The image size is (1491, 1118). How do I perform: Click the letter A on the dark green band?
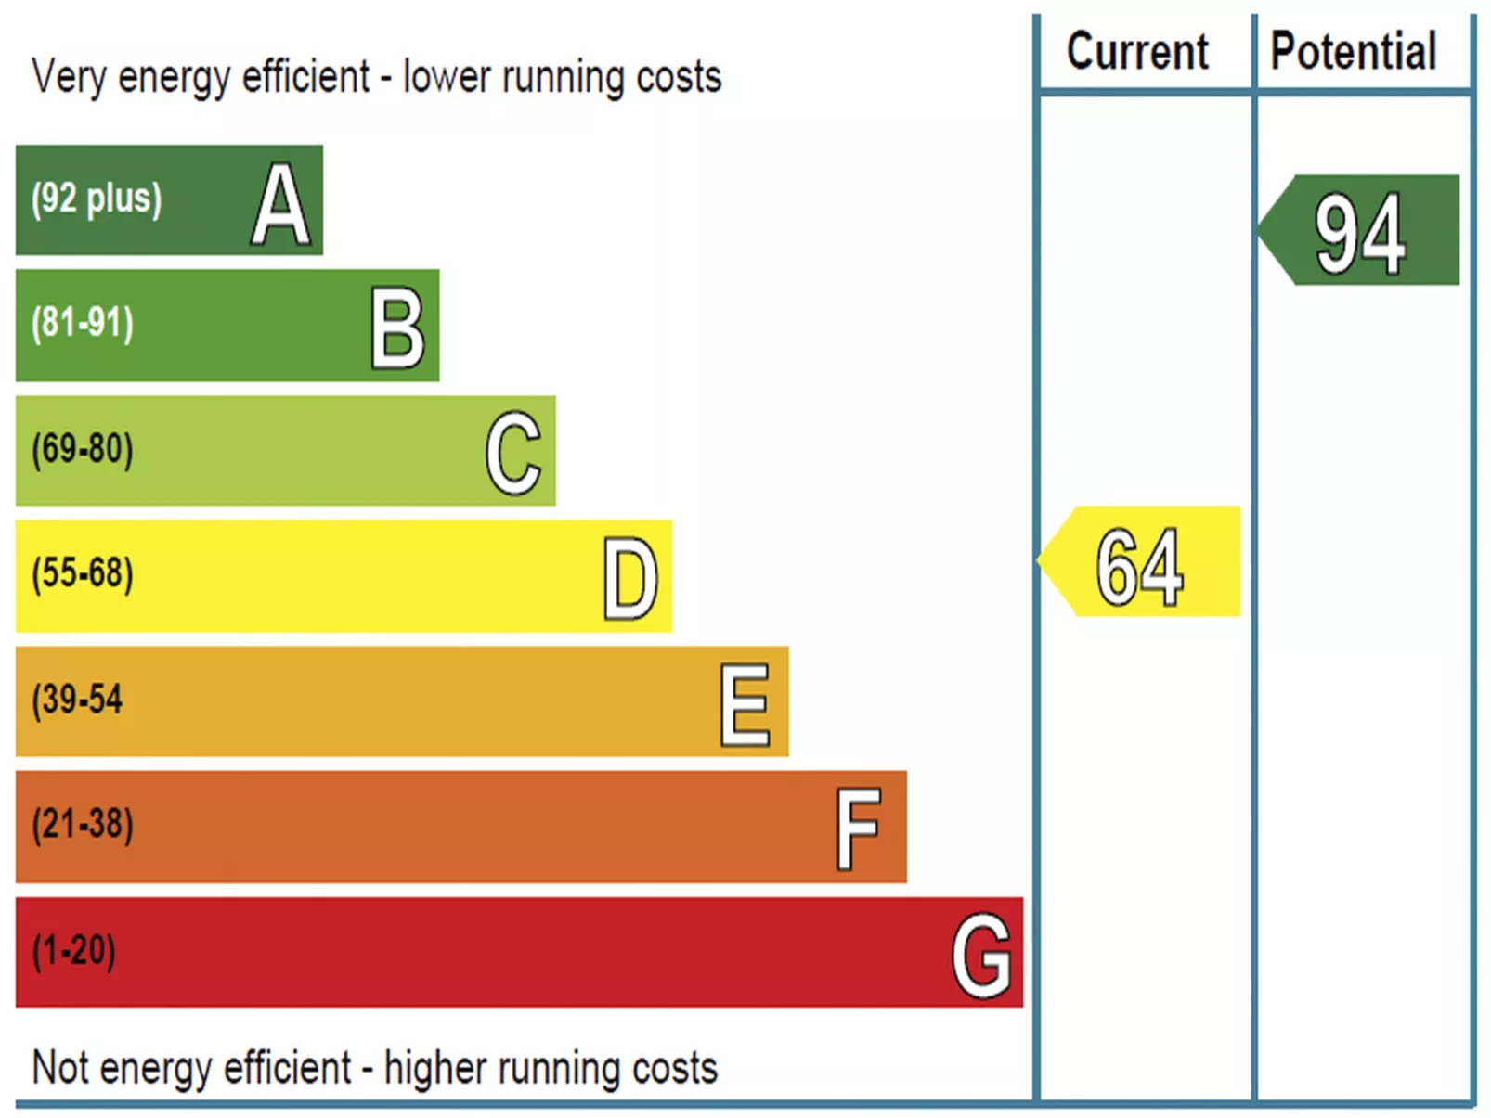(x=279, y=203)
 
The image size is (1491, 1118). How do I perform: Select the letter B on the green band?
(x=397, y=328)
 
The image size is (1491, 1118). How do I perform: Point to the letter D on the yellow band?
(x=630, y=578)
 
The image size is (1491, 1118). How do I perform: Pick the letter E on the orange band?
(x=745, y=704)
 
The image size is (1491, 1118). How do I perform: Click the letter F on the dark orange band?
(x=858, y=829)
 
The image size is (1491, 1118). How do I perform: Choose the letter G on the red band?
(x=981, y=955)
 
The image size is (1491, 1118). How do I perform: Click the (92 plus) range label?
(x=97, y=199)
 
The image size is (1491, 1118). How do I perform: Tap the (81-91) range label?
(x=83, y=323)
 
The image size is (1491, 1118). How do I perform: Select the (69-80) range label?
(x=83, y=449)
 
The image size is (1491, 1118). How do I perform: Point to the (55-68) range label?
(x=83, y=573)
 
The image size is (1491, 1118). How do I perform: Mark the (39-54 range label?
(x=77, y=700)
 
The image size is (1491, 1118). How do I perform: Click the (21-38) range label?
(x=83, y=824)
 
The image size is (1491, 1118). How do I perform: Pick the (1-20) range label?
(x=74, y=951)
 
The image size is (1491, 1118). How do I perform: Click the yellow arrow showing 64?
(x=1141, y=562)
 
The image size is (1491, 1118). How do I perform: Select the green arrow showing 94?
(x=1360, y=231)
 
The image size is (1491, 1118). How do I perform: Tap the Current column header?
(x=1138, y=51)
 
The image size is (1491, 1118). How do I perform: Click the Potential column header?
(x=1354, y=51)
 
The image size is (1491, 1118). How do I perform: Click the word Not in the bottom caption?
(x=60, y=1068)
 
